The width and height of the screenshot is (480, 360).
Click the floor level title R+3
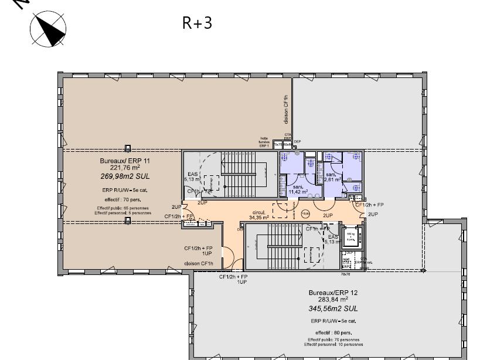tap(197, 23)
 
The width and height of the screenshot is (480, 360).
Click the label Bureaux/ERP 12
tap(333, 292)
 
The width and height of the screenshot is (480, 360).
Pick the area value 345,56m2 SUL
tap(333, 308)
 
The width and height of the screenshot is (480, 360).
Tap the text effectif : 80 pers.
tap(333, 332)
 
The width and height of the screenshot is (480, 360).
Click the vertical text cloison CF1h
tap(286, 108)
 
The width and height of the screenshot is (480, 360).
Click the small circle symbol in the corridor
tap(305, 215)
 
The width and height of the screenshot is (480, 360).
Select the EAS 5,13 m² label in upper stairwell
tap(192, 176)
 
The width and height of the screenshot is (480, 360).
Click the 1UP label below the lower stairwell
tap(241, 282)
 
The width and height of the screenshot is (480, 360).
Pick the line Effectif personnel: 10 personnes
tap(333, 345)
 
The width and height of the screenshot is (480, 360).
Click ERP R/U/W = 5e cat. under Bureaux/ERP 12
tap(333, 321)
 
